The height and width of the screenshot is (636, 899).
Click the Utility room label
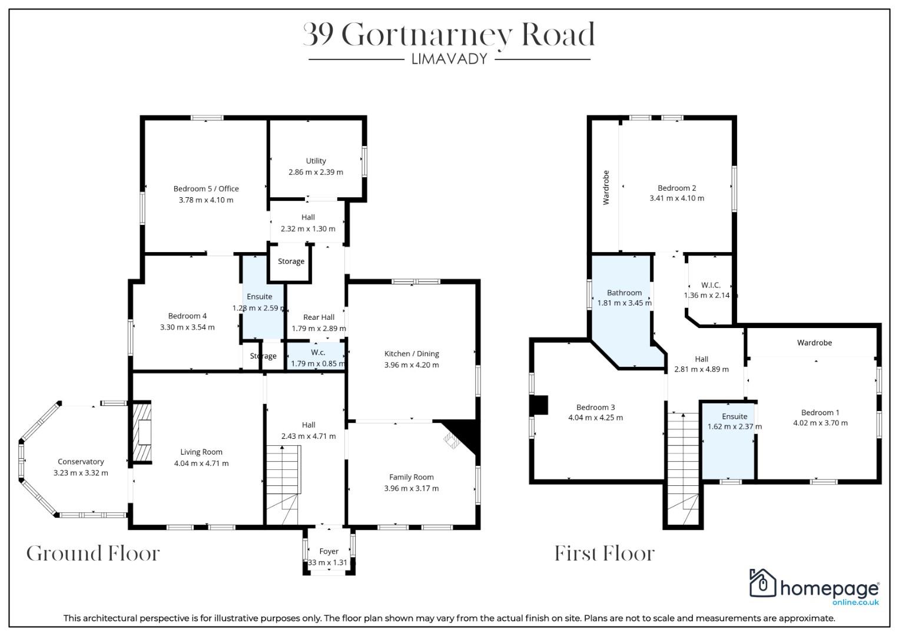316,161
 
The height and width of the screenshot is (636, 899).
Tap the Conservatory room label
81,462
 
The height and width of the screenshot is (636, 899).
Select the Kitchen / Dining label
412,354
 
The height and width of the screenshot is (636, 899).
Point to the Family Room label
412,477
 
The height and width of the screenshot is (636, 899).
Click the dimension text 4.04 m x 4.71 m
201,463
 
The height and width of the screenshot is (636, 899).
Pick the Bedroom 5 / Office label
206,188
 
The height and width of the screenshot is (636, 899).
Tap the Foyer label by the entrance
329,551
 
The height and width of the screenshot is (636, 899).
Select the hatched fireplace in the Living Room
142,432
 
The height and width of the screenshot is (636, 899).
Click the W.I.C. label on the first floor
711,285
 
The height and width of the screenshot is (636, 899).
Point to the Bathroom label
624,293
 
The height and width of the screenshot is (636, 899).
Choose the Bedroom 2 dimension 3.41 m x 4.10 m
676,198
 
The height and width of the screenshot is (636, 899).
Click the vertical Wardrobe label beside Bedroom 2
606,187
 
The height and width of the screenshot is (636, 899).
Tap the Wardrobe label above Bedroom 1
814,343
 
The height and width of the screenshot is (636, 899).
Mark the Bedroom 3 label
596,408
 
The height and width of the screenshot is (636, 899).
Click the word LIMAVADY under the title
449,59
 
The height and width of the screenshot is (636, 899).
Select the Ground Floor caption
93,554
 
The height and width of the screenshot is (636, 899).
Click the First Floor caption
605,554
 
